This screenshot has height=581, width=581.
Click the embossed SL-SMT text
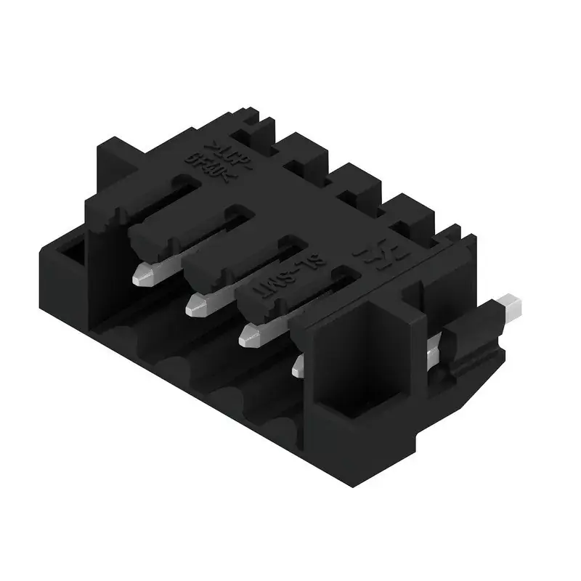coord(286,275)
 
